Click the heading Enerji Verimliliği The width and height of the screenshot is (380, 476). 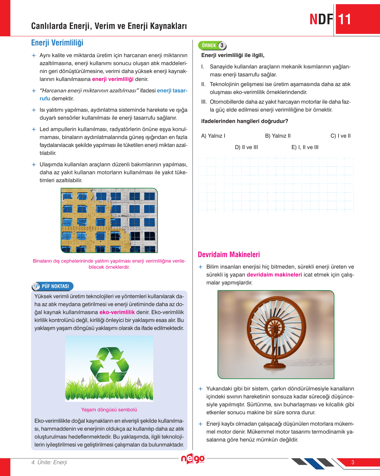point(57,43)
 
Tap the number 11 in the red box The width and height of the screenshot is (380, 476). point(345,20)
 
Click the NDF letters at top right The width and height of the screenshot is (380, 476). point(321,20)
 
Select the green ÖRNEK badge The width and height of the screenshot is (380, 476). point(212,45)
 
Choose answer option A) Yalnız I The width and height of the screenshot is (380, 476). point(213,136)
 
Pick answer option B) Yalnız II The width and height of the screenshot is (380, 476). point(278,136)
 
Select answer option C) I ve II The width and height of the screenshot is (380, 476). point(340,136)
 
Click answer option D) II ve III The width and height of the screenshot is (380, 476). point(246,147)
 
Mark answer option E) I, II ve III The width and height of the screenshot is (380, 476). point(305,147)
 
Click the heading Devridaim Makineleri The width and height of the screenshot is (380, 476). point(229,255)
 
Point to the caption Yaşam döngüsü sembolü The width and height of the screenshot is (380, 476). point(109,410)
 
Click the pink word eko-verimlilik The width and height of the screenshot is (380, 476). point(117,312)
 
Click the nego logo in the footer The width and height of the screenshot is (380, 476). point(193,459)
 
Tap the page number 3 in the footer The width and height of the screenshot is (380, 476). point(353,462)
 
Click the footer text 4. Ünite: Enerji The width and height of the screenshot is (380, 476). point(49,462)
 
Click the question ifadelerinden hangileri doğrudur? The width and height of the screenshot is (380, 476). point(244,121)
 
